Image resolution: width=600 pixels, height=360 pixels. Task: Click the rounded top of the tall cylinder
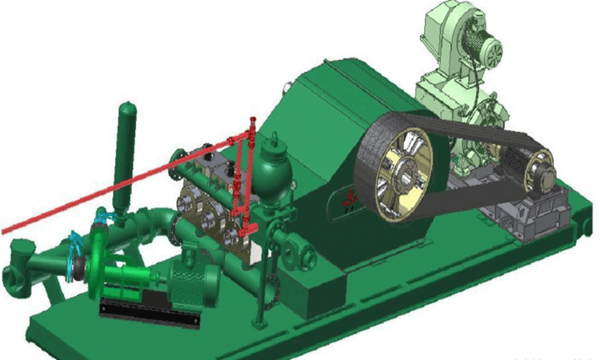126,109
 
